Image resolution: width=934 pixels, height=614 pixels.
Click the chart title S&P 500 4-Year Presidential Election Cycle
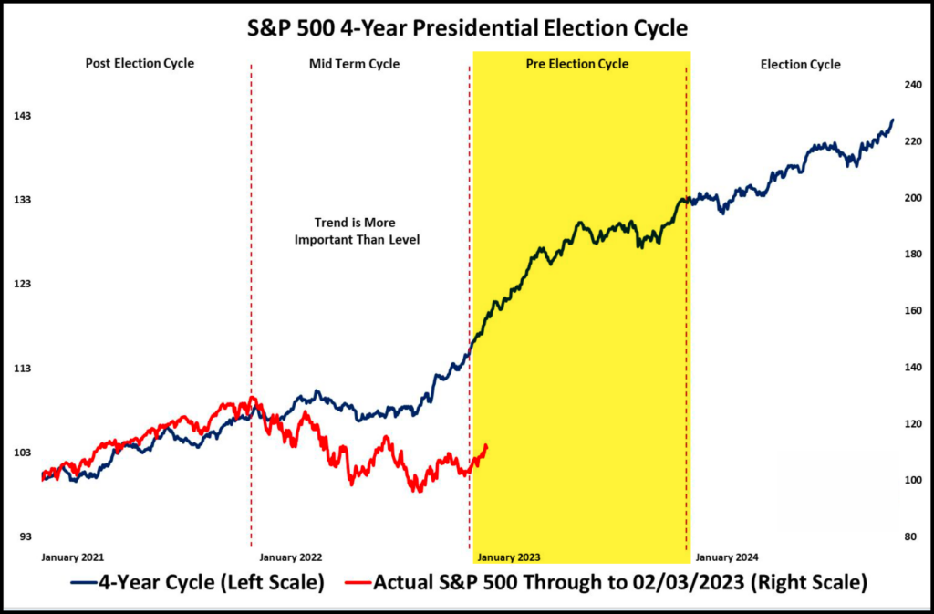click(x=468, y=28)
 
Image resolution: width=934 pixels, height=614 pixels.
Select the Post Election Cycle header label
click(x=140, y=64)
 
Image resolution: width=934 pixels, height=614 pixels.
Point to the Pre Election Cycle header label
click(x=577, y=64)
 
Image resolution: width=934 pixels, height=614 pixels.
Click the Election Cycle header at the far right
click(x=801, y=64)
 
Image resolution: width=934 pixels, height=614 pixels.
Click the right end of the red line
click(x=487, y=446)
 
